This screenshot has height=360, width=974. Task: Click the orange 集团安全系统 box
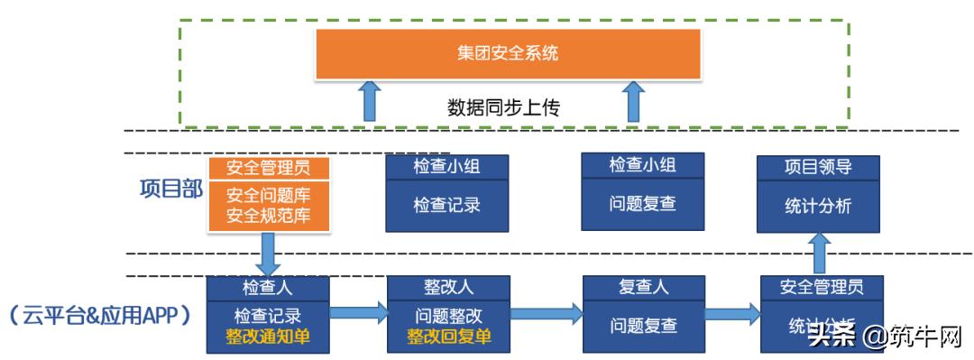coord(507,53)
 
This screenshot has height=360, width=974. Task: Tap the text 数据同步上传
coord(504,107)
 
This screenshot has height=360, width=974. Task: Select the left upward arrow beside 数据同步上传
coord(370,100)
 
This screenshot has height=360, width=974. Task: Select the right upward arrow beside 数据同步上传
coord(635,100)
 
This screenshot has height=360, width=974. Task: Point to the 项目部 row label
coord(170,189)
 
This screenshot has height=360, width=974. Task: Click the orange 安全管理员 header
coord(268,168)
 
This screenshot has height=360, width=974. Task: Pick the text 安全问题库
coord(268,196)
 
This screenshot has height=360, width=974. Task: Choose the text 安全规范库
coord(268,217)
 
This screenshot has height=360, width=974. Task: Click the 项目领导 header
coord(818,167)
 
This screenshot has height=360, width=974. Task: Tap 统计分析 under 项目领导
coord(818,207)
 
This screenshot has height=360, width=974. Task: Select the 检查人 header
coord(268,288)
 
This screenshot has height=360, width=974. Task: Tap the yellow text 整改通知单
coord(268,337)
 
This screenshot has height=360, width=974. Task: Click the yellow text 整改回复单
coord(448,337)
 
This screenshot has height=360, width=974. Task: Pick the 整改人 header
coord(448,288)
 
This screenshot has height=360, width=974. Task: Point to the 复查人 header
coord(643,288)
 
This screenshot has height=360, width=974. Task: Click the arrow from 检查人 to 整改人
coord(358,314)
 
